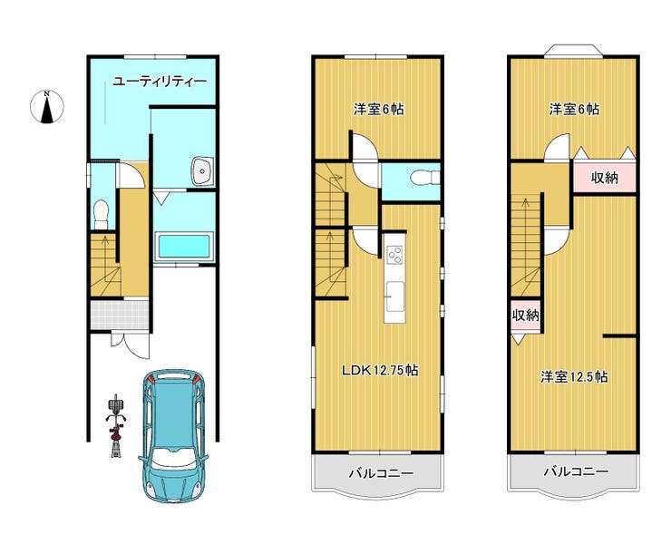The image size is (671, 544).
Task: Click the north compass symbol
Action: tap(47, 107)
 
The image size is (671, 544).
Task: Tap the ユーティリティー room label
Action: tap(160, 82)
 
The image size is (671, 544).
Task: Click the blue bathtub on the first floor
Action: tap(183, 247)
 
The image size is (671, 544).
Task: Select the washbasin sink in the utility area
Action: tap(202, 170)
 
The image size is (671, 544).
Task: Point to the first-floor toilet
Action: tap(102, 215)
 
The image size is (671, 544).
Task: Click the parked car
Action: tap(173, 435)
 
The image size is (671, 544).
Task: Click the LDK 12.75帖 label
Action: tap(380, 370)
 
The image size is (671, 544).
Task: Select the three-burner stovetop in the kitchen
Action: tap(394, 255)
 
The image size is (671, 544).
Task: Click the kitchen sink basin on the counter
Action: tap(394, 296)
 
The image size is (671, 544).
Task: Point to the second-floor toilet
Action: tap(424, 177)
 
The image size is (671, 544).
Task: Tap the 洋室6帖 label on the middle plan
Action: tap(378, 110)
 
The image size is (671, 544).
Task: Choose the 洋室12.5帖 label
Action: tap(574, 377)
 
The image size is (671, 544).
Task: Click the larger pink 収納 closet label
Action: tap(604, 178)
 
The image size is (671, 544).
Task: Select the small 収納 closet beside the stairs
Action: tap(526, 316)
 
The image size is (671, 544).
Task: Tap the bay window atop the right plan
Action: tap(573, 50)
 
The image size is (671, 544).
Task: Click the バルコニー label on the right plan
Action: tap(576, 472)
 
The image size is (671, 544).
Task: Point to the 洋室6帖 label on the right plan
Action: tap(574, 110)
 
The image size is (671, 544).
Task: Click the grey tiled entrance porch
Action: tap(120, 315)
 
